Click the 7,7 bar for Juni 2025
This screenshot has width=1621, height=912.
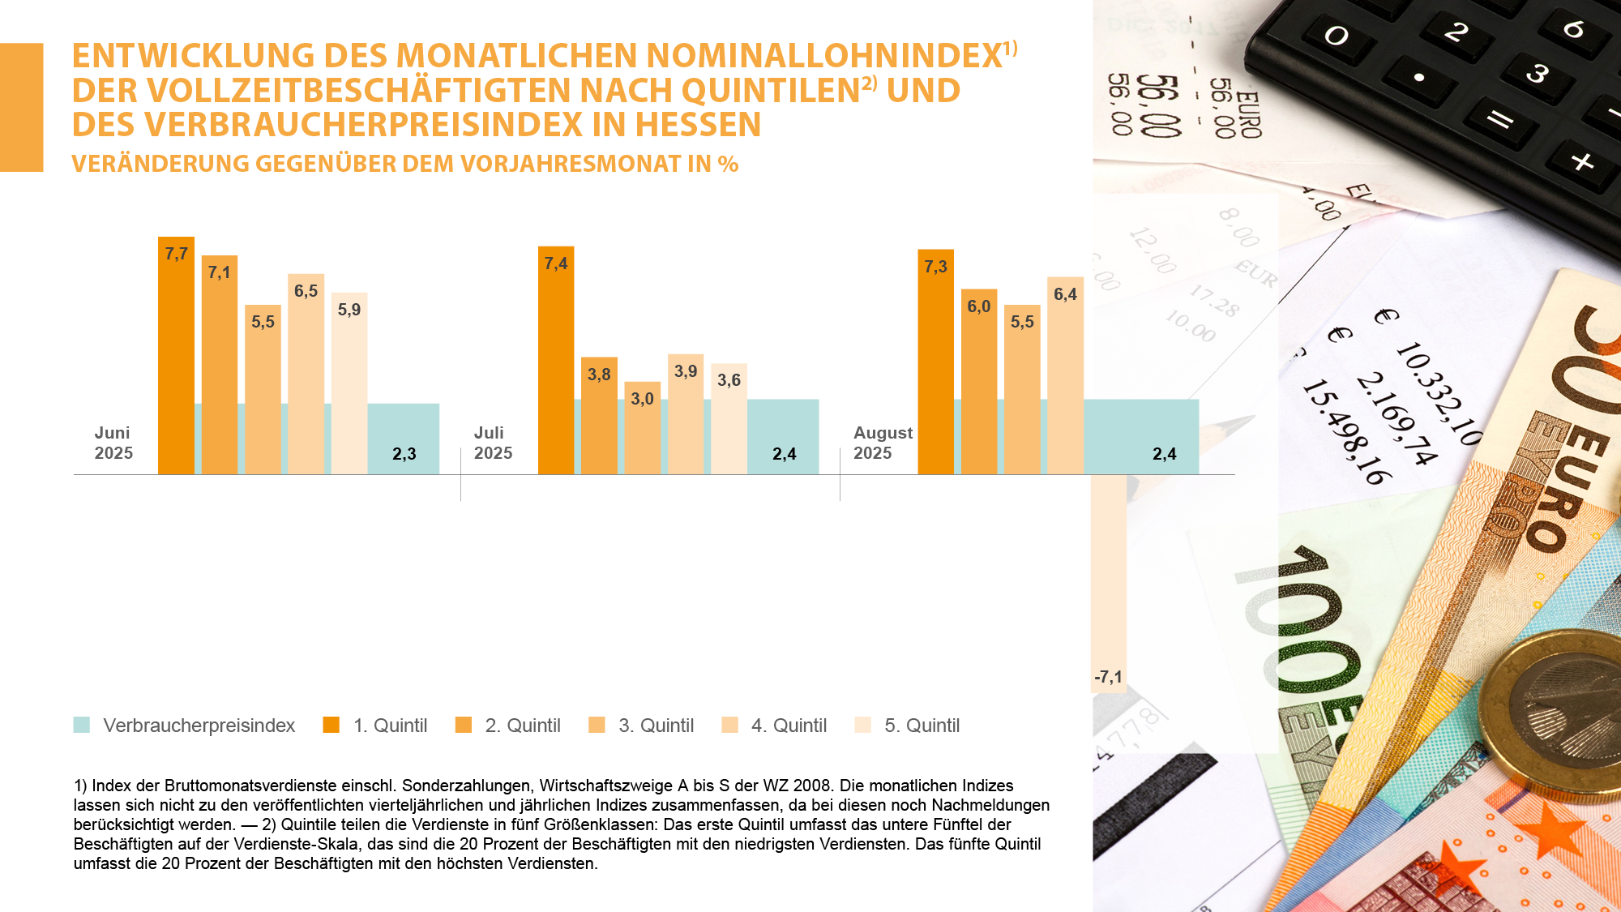176,357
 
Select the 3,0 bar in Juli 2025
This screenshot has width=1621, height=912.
642,430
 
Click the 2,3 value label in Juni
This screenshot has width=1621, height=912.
404,454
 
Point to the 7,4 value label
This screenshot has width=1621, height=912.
556,263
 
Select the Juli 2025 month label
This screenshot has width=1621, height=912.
493,443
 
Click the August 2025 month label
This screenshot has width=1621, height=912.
882,443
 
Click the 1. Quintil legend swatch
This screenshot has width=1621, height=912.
331,725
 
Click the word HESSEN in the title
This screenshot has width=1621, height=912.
698,125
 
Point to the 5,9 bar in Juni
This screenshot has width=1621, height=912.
349,385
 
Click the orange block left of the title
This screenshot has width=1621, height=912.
21,107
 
